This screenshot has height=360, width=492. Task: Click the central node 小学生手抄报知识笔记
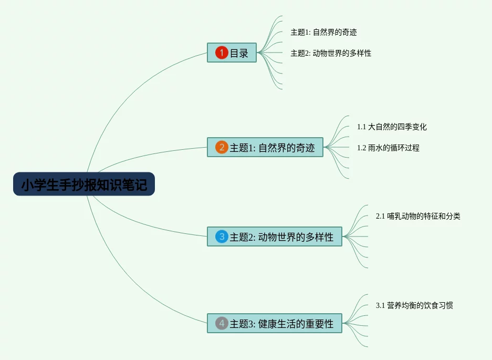[84, 184]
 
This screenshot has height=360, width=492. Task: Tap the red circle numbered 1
[222, 53]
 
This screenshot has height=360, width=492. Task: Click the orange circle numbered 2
[222, 147]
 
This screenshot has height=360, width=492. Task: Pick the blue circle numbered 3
[222, 236]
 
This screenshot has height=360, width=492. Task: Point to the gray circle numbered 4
[222, 323]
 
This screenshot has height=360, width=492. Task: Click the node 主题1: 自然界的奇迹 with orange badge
[272, 148]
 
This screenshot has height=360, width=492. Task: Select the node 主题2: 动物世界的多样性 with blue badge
[281, 237]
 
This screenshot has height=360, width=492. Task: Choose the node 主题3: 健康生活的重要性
[281, 324]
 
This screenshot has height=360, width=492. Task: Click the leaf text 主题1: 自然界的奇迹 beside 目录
[323, 32]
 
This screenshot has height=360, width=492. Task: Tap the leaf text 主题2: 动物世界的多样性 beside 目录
[331, 53]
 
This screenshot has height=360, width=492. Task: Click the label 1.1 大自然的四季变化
[392, 127]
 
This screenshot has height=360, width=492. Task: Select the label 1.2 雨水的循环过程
[388, 148]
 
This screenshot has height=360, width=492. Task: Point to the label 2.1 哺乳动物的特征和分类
[418, 216]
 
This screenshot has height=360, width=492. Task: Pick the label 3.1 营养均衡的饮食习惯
[414, 305]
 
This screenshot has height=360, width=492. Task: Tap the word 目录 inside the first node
[239, 53]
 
